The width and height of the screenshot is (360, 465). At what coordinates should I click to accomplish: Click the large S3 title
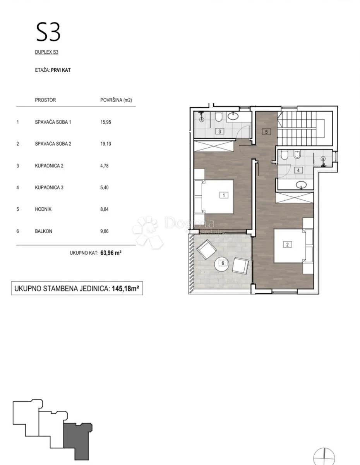coord(48,32)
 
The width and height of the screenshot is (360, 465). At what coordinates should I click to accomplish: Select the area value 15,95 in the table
coord(106,122)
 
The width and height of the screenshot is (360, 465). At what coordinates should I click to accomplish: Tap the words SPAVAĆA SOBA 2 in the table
coord(53,144)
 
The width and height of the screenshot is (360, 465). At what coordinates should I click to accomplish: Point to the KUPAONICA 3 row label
coord(49,188)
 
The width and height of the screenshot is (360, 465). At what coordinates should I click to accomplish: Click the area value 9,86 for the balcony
coord(105,231)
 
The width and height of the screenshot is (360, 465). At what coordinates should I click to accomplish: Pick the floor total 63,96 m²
coord(111,253)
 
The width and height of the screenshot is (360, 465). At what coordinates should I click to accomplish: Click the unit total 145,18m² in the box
coord(125,288)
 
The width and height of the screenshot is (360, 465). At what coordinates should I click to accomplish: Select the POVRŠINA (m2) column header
coord(116,100)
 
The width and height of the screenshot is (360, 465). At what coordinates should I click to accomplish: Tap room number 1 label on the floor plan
coord(224,195)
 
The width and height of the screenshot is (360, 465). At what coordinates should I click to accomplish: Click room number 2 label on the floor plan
coord(287,245)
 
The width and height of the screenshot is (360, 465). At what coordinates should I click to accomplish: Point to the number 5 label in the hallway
coord(266,132)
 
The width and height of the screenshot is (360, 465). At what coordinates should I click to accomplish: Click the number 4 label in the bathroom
coord(298,170)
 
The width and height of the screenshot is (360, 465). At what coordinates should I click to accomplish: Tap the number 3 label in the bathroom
coord(219,131)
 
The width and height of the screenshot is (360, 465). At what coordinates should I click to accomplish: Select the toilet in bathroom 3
coord(218,117)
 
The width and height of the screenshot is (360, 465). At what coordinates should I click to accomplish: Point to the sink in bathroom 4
coord(301,184)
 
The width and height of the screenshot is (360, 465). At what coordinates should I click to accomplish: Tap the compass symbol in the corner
coord(324,457)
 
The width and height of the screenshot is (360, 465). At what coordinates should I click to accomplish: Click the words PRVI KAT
coord(61,70)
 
